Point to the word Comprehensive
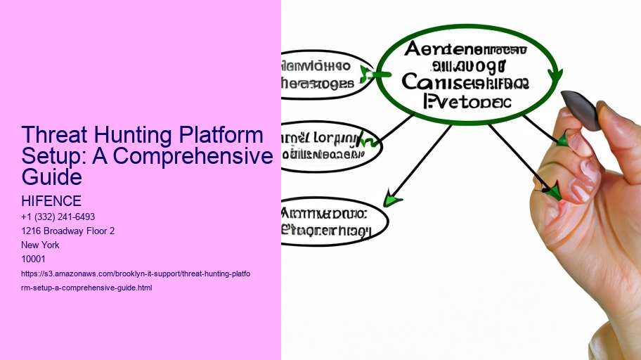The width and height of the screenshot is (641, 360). (x=193, y=156)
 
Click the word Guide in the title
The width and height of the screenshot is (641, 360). (x=52, y=176)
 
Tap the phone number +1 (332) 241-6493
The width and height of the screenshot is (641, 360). (x=58, y=217)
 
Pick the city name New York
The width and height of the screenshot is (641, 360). (x=41, y=245)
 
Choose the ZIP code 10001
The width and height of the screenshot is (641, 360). (x=34, y=259)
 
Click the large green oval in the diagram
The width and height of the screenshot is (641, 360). (x=467, y=74)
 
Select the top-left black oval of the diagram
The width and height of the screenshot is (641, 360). (x=325, y=75)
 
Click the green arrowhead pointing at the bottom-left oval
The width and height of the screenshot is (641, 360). (x=392, y=200)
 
